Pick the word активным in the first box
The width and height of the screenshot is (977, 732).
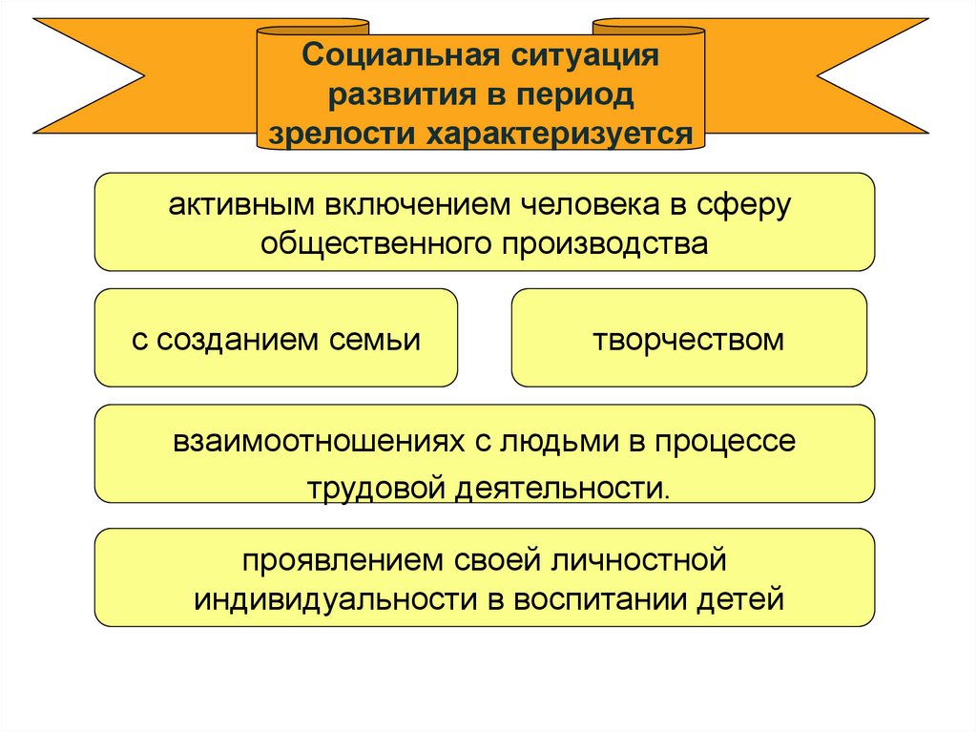point(243,205)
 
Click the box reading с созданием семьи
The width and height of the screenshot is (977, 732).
point(276,339)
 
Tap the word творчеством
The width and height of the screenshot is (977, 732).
point(689,339)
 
